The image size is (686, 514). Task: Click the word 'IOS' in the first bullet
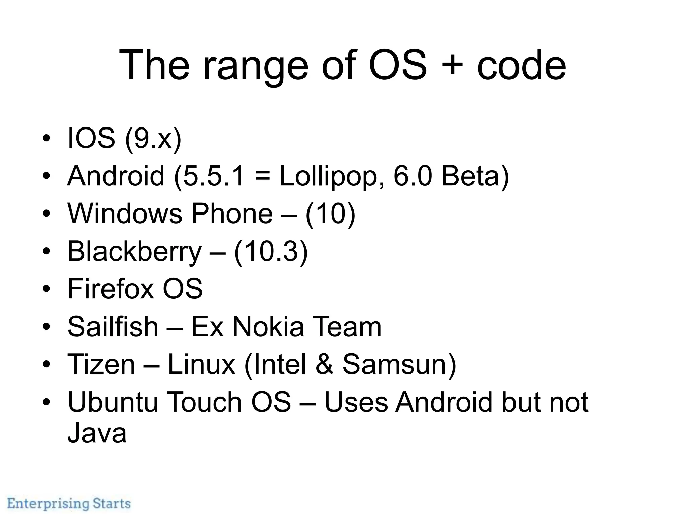91,138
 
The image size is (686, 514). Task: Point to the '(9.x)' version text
153,139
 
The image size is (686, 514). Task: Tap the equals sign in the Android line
262,176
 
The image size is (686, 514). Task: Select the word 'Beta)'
475,176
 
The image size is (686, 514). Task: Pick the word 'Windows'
125,213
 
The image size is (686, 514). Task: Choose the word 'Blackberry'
134,252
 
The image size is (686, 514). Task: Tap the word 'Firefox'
111,289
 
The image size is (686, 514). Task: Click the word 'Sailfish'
113,326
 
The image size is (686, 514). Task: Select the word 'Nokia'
268,326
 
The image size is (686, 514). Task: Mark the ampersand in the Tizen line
324,364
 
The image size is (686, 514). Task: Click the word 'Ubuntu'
113,402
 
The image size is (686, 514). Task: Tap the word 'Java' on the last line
97,433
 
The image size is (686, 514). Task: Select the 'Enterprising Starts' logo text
69,503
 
